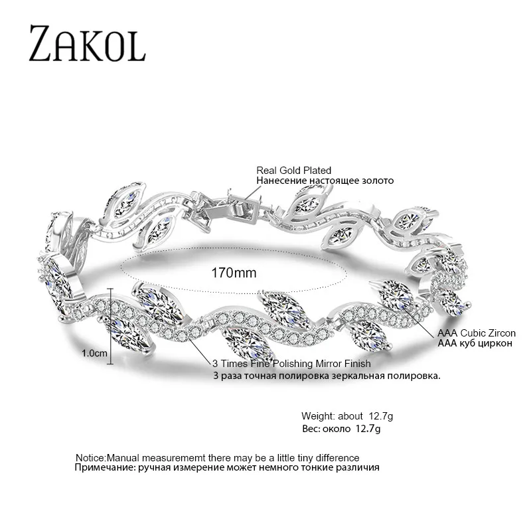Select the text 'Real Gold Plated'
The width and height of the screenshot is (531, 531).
tap(293, 171)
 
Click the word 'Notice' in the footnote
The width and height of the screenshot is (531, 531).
tap(90, 458)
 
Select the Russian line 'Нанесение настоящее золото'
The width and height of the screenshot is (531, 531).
tap(325, 181)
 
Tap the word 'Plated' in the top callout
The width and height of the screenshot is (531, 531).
tap(317, 171)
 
